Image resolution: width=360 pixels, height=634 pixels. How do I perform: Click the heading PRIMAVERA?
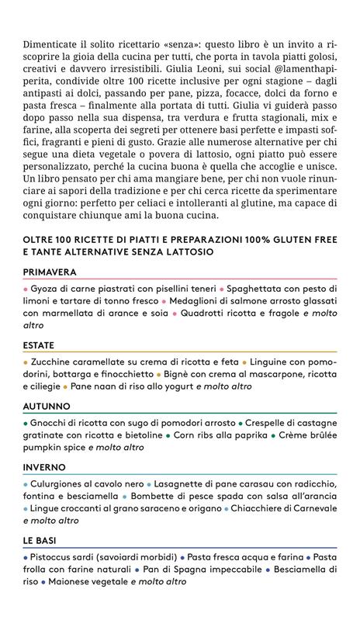(55, 273)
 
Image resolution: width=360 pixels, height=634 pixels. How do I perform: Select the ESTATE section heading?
(44, 345)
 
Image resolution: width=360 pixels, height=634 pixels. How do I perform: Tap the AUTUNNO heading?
(47, 407)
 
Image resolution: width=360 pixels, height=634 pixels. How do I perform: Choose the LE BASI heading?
(44, 541)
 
